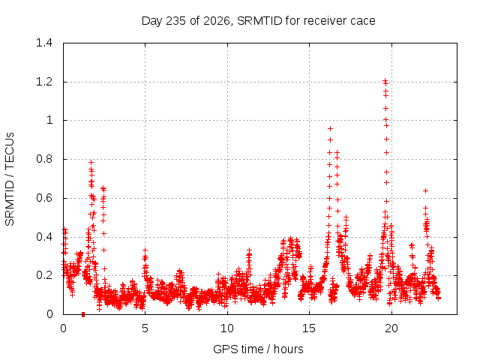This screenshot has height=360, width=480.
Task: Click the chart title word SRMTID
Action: pos(259,21)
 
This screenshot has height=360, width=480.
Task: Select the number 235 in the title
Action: pos(175,21)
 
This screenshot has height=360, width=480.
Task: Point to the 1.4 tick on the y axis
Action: pos(44,43)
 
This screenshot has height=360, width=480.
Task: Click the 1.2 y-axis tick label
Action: pos(44,82)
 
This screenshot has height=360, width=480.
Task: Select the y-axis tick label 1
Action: pos(49,120)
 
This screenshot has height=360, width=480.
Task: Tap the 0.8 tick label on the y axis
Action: pos(44,159)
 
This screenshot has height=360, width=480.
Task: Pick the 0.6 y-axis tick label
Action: pos(44,198)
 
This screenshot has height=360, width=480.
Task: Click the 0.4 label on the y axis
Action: pos(44,237)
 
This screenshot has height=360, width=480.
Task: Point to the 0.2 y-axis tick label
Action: pos(44,275)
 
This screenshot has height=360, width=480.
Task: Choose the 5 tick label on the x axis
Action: pos(145,328)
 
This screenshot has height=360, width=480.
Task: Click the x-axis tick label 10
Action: pos(227,328)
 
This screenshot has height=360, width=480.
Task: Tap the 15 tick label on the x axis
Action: pos(309,328)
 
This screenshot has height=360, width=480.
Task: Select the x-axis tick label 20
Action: pos(391,328)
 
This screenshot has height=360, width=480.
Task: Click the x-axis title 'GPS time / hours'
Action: pos(258,349)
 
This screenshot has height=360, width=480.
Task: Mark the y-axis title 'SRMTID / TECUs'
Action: pos(10,179)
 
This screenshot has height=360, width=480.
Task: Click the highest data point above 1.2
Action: pos(385,80)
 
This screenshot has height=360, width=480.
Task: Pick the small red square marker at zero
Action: pos(83,314)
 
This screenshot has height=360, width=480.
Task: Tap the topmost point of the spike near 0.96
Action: pos(330,128)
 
